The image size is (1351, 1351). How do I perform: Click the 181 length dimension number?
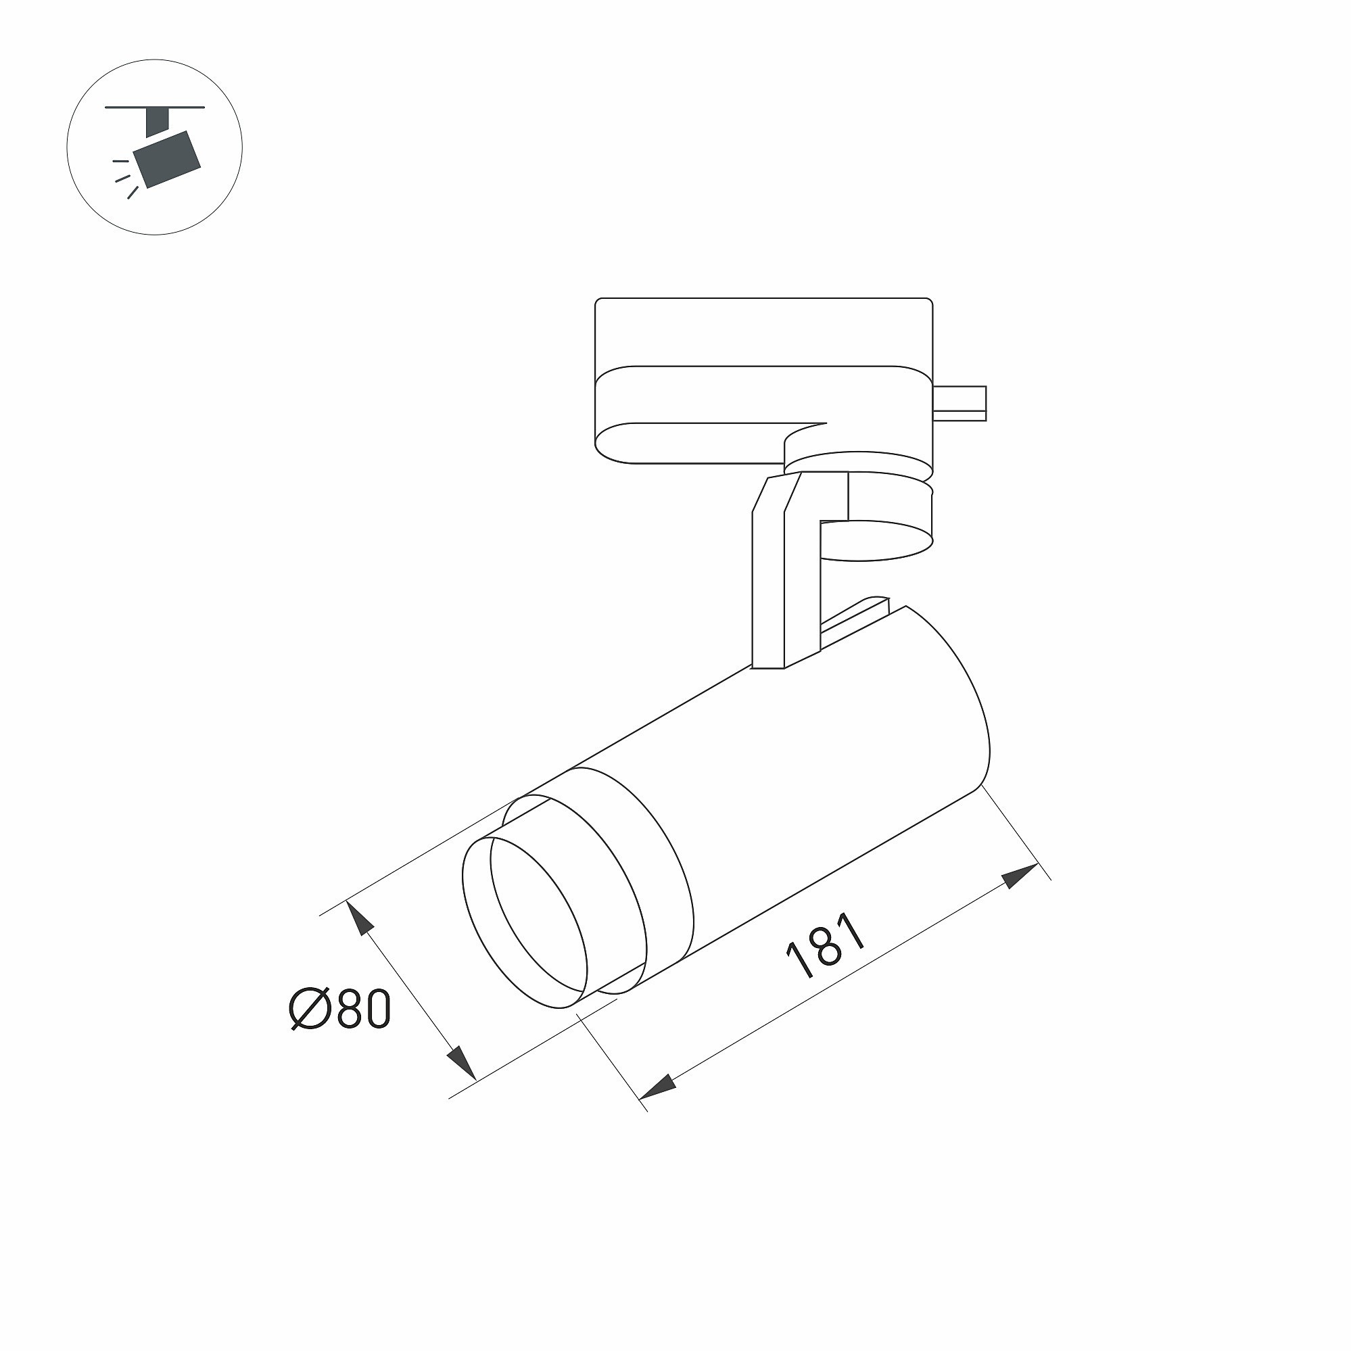826,945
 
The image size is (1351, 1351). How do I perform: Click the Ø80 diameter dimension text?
340,1009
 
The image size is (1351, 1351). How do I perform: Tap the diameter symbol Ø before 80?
309,1009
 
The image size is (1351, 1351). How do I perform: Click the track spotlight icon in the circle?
155,147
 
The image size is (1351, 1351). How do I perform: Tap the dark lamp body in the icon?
167,158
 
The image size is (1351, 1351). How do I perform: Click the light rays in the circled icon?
123,179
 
